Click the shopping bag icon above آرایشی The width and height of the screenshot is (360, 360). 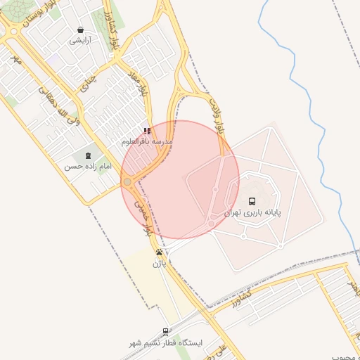click(80, 30)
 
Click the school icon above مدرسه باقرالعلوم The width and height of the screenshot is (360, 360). click(146, 131)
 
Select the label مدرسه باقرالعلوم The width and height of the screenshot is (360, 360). click(146, 141)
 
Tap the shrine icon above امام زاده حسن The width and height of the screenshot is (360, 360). click(89, 155)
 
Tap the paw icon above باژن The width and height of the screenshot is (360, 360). click(160, 252)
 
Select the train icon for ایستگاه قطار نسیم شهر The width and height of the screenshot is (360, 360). click(166, 332)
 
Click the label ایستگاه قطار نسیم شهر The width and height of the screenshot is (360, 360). click(166, 343)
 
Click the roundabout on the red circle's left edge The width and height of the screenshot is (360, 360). click(127, 181)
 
